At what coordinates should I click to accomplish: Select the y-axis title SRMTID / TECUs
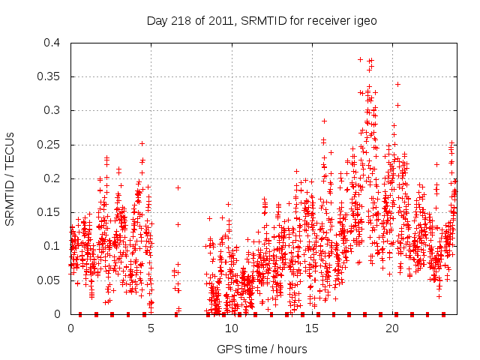(x=10, y=178)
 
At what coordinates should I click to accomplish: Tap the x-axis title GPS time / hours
(x=262, y=349)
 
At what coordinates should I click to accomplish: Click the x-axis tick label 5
(x=151, y=328)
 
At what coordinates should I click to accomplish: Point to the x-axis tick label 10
(x=231, y=328)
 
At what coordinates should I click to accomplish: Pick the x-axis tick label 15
(x=311, y=328)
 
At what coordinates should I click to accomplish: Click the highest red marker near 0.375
(x=361, y=59)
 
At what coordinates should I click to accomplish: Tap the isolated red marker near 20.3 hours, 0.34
(x=397, y=84)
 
